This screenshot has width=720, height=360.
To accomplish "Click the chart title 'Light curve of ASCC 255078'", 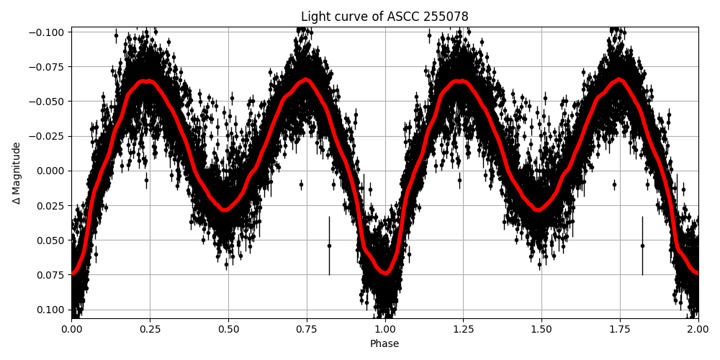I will tap(384, 17).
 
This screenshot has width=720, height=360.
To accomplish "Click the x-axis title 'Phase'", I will tap(384, 344).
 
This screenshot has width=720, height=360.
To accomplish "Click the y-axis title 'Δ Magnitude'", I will tap(17, 173).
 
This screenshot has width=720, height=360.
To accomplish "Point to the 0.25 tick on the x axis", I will tap(150, 319).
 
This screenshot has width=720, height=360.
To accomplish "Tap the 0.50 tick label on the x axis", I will tap(228, 329).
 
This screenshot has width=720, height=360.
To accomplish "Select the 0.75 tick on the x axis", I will tap(307, 319).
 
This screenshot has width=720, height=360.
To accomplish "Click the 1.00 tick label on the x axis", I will tap(384, 329).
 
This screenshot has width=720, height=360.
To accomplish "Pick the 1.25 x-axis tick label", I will tap(463, 329).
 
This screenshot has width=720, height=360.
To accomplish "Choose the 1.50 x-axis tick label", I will tap(541, 329).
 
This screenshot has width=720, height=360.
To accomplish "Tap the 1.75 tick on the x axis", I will tap(620, 319).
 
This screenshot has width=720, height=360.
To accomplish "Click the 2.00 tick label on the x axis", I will tap(698, 329).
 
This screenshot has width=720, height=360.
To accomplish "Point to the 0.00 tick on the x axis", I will tap(71, 319).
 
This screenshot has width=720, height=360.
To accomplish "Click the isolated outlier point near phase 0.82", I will tap(329, 246).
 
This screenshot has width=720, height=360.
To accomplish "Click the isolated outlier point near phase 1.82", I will tap(642, 246).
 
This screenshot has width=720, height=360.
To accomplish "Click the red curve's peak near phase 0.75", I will tap(306, 79).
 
